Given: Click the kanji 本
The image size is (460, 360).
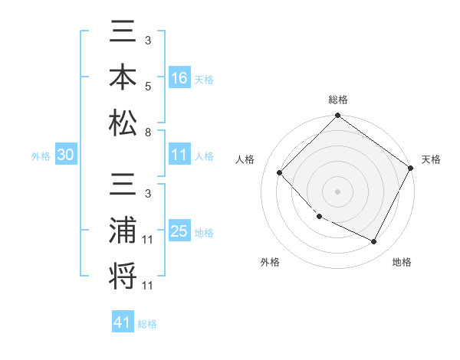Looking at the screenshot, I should click(x=123, y=78).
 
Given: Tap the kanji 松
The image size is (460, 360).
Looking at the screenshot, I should click(x=123, y=122).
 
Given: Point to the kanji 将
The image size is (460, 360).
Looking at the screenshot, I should click(x=123, y=276).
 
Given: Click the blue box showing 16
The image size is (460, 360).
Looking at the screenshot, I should click(x=179, y=78).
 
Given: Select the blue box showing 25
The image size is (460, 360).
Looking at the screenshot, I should click(x=179, y=231).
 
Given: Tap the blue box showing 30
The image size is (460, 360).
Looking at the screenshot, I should click(x=66, y=155).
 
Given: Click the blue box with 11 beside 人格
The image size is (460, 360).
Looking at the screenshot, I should click(x=179, y=155).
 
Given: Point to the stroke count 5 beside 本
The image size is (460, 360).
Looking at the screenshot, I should click(x=147, y=87).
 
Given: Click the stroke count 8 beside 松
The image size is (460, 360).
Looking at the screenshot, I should click(x=147, y=132).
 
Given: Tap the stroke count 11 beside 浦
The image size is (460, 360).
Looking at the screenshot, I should click(x=147, y=241).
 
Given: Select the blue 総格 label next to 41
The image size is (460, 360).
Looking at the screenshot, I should click(x=147, y=324).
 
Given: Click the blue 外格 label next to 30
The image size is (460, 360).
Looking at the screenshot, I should click(x=41, y=156).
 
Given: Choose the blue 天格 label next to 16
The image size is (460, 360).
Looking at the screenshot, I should click(x=203, y=80).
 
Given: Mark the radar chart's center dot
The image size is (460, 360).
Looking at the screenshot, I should click(x=337, y=191).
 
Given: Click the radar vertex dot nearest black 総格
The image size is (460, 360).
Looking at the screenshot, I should click(x=337, y=116).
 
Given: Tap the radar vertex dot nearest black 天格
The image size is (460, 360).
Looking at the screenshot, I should click(x=411, y=167).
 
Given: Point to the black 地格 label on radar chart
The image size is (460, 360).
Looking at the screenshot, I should click(x=402, y=263).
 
